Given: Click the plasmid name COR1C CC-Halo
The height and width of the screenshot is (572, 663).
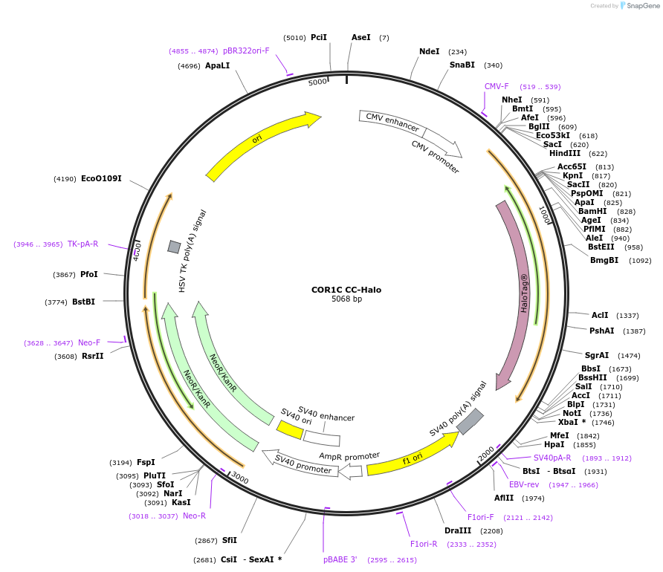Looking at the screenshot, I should (346, 290).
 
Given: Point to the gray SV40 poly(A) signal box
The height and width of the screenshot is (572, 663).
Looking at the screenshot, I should (470, 421).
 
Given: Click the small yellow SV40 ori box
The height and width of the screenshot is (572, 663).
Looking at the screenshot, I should (289, 429).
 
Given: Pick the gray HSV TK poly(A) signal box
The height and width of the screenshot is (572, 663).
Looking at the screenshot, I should (174, 247).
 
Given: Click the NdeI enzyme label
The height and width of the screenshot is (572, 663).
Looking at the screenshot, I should (430, 52).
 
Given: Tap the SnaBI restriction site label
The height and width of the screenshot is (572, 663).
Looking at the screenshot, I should (462, 65).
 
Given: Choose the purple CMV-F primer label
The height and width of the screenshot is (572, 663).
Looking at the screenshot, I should (497, 86).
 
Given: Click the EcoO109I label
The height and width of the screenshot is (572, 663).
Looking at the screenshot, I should (101, 179).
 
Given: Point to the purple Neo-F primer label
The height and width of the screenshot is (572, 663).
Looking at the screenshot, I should (89, 342).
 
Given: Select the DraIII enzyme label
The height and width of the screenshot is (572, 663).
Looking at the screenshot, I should (458, 531).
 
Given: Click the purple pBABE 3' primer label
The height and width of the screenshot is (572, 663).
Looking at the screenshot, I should (340, 559).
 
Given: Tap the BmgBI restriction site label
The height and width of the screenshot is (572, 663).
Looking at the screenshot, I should (604, 261).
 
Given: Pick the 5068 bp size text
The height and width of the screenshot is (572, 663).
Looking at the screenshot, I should (346, 299).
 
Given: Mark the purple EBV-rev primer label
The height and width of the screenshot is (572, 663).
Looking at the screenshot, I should (524, 484).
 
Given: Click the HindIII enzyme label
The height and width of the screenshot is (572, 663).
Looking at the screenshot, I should (565, 153).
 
